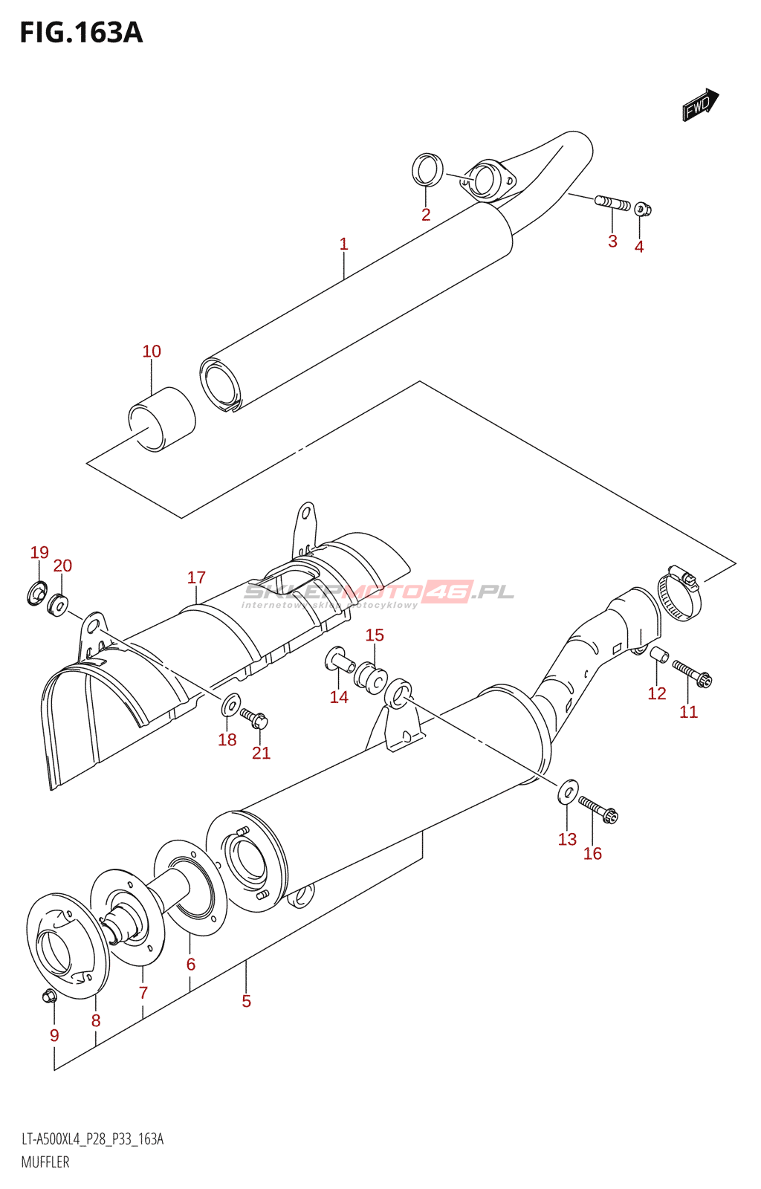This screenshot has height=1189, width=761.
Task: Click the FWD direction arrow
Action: click(x=700, y=105)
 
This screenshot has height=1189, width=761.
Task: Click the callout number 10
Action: click(x=152, y=351)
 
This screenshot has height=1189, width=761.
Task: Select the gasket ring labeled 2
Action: click(x=427, y=170)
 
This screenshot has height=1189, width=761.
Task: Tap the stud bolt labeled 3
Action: click(x=612, y=202)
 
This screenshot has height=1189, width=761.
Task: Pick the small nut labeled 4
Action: click(x=643, y=210)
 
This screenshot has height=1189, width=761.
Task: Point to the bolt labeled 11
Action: click(x=692, y=673)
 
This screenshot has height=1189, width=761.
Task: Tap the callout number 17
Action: click(x=196, y=577)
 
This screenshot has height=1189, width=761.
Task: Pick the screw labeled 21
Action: click(x=254, y=718)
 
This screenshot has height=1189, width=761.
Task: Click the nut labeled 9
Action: click(x=49, y=996)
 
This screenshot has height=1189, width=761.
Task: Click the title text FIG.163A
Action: click(x=81, y=33)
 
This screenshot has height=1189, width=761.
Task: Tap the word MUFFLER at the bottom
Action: click(x=45, y=1162)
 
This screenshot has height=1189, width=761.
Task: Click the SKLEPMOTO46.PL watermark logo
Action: click(x=378, y=593)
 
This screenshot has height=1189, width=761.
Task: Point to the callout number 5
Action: click(x=247, y=1002)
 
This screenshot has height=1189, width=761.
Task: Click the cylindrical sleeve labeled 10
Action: click(x=162, y=418)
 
